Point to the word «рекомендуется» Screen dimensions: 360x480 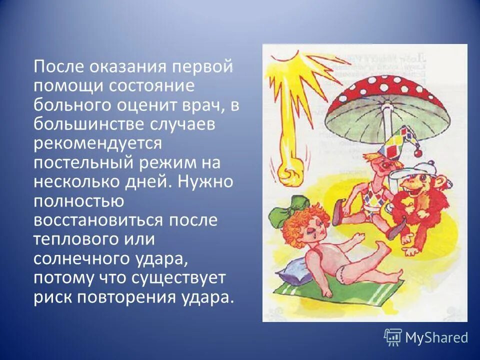[x=98, y=143]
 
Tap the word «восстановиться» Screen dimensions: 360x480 [x=99, y=220]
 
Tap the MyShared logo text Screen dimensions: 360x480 [x=436, y=338]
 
